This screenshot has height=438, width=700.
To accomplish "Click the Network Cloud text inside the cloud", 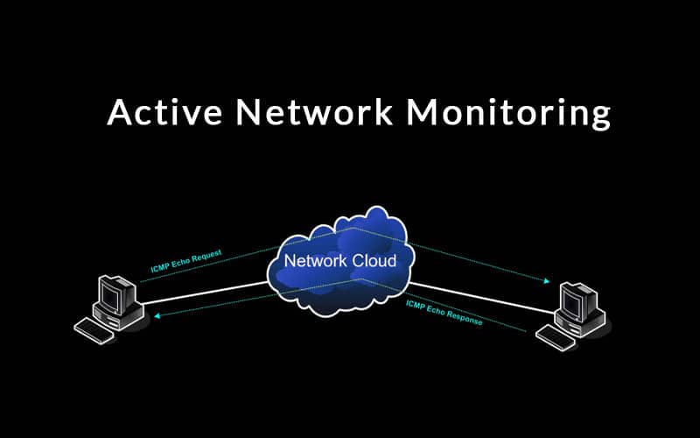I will [x=339, y=261].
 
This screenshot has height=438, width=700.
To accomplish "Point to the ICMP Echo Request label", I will [x=185, y=260].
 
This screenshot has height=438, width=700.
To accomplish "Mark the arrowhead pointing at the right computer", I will [x=547, y=281].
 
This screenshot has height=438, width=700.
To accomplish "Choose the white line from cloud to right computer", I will [x=481, y=295].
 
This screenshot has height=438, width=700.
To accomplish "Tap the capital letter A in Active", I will [x=120, y=113].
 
